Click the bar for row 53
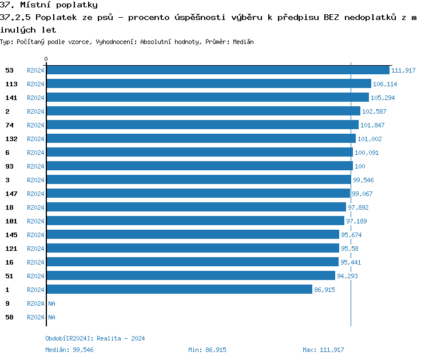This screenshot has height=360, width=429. tap(217, 70)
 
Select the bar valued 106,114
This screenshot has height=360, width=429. tap(208, 83)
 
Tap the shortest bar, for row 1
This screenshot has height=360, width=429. tap(179, 289)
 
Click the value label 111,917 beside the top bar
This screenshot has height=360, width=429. tap(403, 70)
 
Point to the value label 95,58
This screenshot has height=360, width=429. tap(349, 249)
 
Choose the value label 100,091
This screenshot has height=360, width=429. tap(367, 153)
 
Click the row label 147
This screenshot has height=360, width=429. tap(11, 194)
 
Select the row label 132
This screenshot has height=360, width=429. tap(11, 139)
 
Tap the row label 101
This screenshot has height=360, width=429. tap(11, 221)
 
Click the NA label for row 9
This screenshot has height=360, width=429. tap(51, 303)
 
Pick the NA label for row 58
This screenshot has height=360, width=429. tap(51, 317)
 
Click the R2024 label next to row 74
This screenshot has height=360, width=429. tap(35, 125)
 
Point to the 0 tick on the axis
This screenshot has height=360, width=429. tap(46, 59)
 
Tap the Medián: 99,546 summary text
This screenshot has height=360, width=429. tap(69, 350)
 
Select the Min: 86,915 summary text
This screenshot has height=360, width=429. tap(207, 350)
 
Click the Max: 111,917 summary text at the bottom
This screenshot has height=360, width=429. tap(323, 350)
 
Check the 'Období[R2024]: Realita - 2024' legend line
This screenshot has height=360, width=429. tap(95, 338)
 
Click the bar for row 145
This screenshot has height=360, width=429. tap(192, 234)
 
